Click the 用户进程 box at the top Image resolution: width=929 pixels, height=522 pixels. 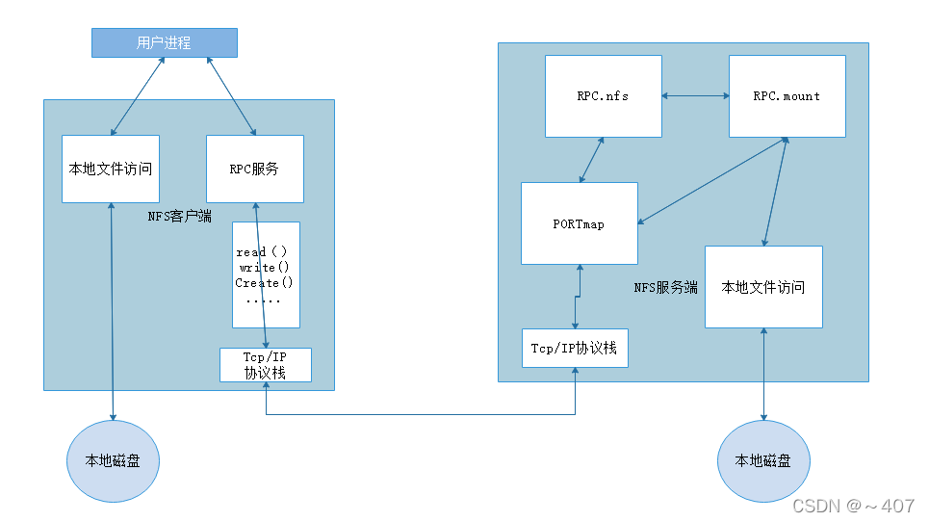164,42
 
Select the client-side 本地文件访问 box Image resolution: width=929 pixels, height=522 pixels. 110,169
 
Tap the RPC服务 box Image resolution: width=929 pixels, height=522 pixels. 254,169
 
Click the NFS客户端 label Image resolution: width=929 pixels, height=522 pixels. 179,217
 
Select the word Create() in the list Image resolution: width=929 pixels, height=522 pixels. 264,283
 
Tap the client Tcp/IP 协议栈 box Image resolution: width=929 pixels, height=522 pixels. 265,365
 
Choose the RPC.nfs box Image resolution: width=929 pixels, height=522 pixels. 603,95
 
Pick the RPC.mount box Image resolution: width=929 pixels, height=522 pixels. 787,95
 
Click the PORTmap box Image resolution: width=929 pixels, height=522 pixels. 579,223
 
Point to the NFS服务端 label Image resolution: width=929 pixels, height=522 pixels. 665,287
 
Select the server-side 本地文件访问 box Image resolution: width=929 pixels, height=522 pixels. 763,287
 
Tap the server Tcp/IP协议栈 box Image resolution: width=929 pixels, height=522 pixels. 575,348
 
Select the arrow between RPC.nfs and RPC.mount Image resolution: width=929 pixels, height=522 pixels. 695,95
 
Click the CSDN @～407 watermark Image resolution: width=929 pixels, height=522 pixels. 852,505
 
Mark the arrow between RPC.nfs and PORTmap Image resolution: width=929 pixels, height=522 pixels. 591,160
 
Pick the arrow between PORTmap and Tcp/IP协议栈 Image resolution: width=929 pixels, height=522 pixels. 577,297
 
